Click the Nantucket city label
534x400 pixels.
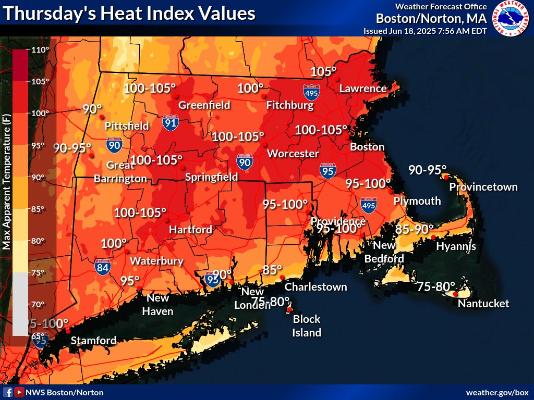[483, 303]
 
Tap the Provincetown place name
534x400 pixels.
[483, 186]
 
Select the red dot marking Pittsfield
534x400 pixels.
[102, 117]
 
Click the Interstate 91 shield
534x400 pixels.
[171, 122]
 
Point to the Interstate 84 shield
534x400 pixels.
[103, 267]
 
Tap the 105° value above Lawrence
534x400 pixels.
[323, 71]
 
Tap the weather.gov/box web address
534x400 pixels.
[497, 392]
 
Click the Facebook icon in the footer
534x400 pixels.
[8, 392]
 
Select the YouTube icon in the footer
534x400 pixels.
[19, 392]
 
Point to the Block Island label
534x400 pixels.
[307, 326]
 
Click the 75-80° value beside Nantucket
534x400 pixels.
[436, 286]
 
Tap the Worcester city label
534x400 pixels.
[293, 154]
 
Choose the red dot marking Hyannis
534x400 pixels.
[433, 238]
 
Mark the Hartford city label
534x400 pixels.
[190, 229]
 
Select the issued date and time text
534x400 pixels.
[425, 31]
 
